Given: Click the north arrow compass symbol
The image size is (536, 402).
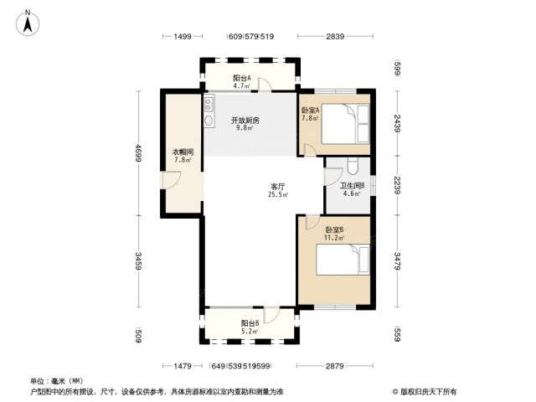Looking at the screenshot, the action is [x=28, y=23].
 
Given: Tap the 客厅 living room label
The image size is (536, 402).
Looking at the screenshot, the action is [x=277, y=187].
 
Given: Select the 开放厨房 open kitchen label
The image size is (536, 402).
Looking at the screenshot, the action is [x=245, y=121].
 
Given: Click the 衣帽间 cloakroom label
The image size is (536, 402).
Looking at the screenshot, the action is [x=183, y=152].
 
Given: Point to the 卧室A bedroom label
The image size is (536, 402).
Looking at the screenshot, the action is [x=311, y=111].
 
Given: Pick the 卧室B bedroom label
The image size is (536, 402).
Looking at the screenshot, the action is [x=334, y=230].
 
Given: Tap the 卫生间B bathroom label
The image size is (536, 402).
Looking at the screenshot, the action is [x=352, y=186].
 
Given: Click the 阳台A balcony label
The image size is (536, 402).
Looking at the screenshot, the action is [x=242, y=78].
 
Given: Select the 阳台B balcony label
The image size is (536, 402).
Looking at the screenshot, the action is [x=250, y=323].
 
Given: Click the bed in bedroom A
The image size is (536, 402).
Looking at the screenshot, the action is [x=345, y=124].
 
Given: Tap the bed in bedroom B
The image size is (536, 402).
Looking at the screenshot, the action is [x=343, y=260].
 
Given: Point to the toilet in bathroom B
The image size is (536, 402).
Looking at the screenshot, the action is [x=352, y=166].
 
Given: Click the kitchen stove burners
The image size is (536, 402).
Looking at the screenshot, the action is [x=209, y=104].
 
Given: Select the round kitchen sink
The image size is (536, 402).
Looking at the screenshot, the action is [x=209, y=121].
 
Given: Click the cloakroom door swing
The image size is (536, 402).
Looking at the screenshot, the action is [x=170, y=180].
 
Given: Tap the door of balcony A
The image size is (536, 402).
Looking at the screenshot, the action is [x=265, y=85].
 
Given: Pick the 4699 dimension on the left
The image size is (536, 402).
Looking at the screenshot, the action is [x=138, y=153].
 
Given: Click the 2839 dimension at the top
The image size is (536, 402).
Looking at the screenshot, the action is [x=335, y=36].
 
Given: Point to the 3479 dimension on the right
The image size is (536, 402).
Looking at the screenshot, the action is [x=397, y=261].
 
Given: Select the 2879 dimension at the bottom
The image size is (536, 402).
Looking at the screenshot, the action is [x=335, y=367].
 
